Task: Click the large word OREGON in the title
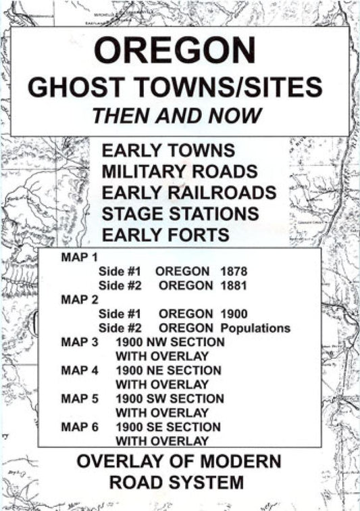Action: [176, 51]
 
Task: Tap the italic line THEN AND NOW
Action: [176, 115]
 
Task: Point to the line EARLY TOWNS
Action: [168, 150]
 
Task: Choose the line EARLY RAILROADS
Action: [189, 193]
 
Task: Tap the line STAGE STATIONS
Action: [180, 214]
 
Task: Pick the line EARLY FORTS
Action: [166, 235]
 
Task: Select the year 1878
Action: [234, 271]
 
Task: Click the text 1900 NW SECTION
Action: [170, 343]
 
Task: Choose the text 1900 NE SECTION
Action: [168, 370]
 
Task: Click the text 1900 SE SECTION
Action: [168, 427]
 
